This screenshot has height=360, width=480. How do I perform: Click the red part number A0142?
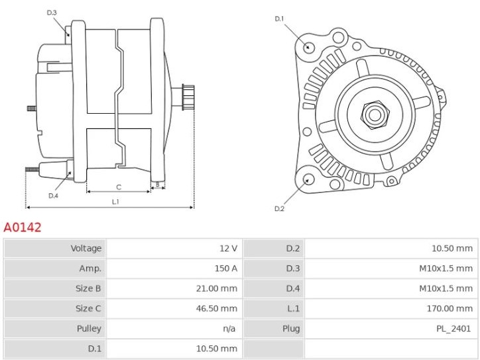23,228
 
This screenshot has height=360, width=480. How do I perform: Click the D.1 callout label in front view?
279,19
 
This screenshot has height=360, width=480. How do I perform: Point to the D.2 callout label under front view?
279,209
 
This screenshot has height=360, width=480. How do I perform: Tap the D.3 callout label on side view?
52,13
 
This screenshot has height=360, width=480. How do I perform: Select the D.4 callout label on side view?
53,196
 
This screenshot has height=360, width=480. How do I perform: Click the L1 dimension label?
115,201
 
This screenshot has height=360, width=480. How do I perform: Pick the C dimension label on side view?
119,187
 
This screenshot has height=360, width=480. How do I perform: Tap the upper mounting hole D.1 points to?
309,47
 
